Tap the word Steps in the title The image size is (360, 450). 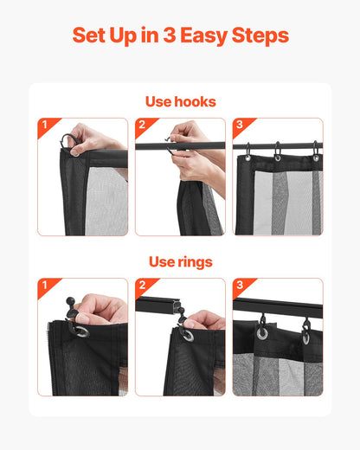[260, 35]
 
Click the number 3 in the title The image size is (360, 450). [170, 35]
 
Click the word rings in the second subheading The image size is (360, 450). [195, 262]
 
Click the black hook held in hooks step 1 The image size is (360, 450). [64, 138]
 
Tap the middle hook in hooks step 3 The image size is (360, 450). [277, 151]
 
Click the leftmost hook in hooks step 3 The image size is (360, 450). [247, 151]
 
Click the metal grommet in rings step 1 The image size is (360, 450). [81, 331]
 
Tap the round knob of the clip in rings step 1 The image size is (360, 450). [70, 301]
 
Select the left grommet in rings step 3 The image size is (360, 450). [262, 332]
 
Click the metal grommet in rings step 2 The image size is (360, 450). [188, 335]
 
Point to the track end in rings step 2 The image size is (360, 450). [177, 306]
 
